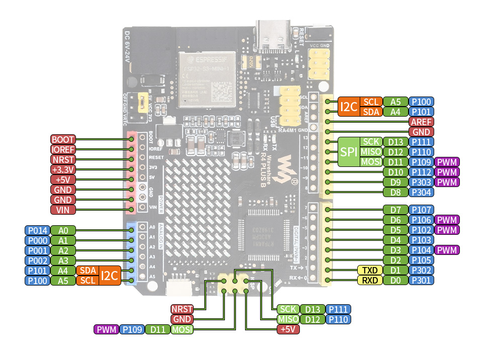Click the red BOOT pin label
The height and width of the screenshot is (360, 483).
pos(63,139)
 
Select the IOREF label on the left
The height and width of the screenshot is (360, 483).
pos(63,149)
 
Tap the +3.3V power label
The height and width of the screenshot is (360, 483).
pos(63,169)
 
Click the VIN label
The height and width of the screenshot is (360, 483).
pos(63,210)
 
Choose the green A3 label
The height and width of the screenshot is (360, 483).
pos(62,260)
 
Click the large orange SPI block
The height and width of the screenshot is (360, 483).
pos(348,151)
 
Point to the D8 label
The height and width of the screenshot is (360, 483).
pos(395,192)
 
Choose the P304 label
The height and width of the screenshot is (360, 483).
pos(421,192)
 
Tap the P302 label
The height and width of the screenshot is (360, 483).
pos(421,270)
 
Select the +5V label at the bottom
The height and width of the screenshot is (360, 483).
pos(288,329)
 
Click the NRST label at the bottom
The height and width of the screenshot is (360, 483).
pos(182,309)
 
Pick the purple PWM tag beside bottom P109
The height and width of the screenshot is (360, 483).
pos(106,330)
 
